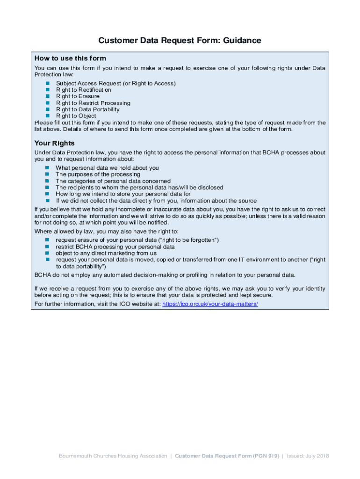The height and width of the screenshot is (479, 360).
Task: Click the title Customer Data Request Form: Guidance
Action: point(180,41)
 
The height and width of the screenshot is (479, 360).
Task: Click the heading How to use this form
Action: point(70,58)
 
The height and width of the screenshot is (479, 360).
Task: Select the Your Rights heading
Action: point(54,143)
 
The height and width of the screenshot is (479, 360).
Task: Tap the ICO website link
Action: point(210,304)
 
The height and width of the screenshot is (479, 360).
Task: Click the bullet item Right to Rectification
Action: point(84,90)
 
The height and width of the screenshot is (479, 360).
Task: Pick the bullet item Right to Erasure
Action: point(78,96)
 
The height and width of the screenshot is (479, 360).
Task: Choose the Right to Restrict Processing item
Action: point(93,103)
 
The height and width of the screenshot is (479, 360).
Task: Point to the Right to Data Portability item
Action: point(88,109)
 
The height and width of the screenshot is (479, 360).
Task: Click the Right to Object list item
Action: point(76,116)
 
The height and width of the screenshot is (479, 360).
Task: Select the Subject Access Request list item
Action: point(116,83)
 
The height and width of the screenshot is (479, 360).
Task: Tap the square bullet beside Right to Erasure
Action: point(47,96)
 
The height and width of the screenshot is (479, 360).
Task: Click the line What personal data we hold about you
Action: point(107,168)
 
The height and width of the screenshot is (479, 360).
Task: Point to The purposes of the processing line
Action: point(98,174)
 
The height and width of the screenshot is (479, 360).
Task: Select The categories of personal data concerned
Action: point(113,181)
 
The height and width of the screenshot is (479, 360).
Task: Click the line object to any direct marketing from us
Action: point(106,253)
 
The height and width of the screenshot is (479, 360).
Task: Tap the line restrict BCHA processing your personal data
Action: point(115,247)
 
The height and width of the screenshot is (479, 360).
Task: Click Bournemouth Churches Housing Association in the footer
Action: point(113,456)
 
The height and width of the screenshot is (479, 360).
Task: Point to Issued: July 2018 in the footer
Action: point(308,456)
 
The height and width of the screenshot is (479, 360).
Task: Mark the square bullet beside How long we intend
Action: point(47,194)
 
